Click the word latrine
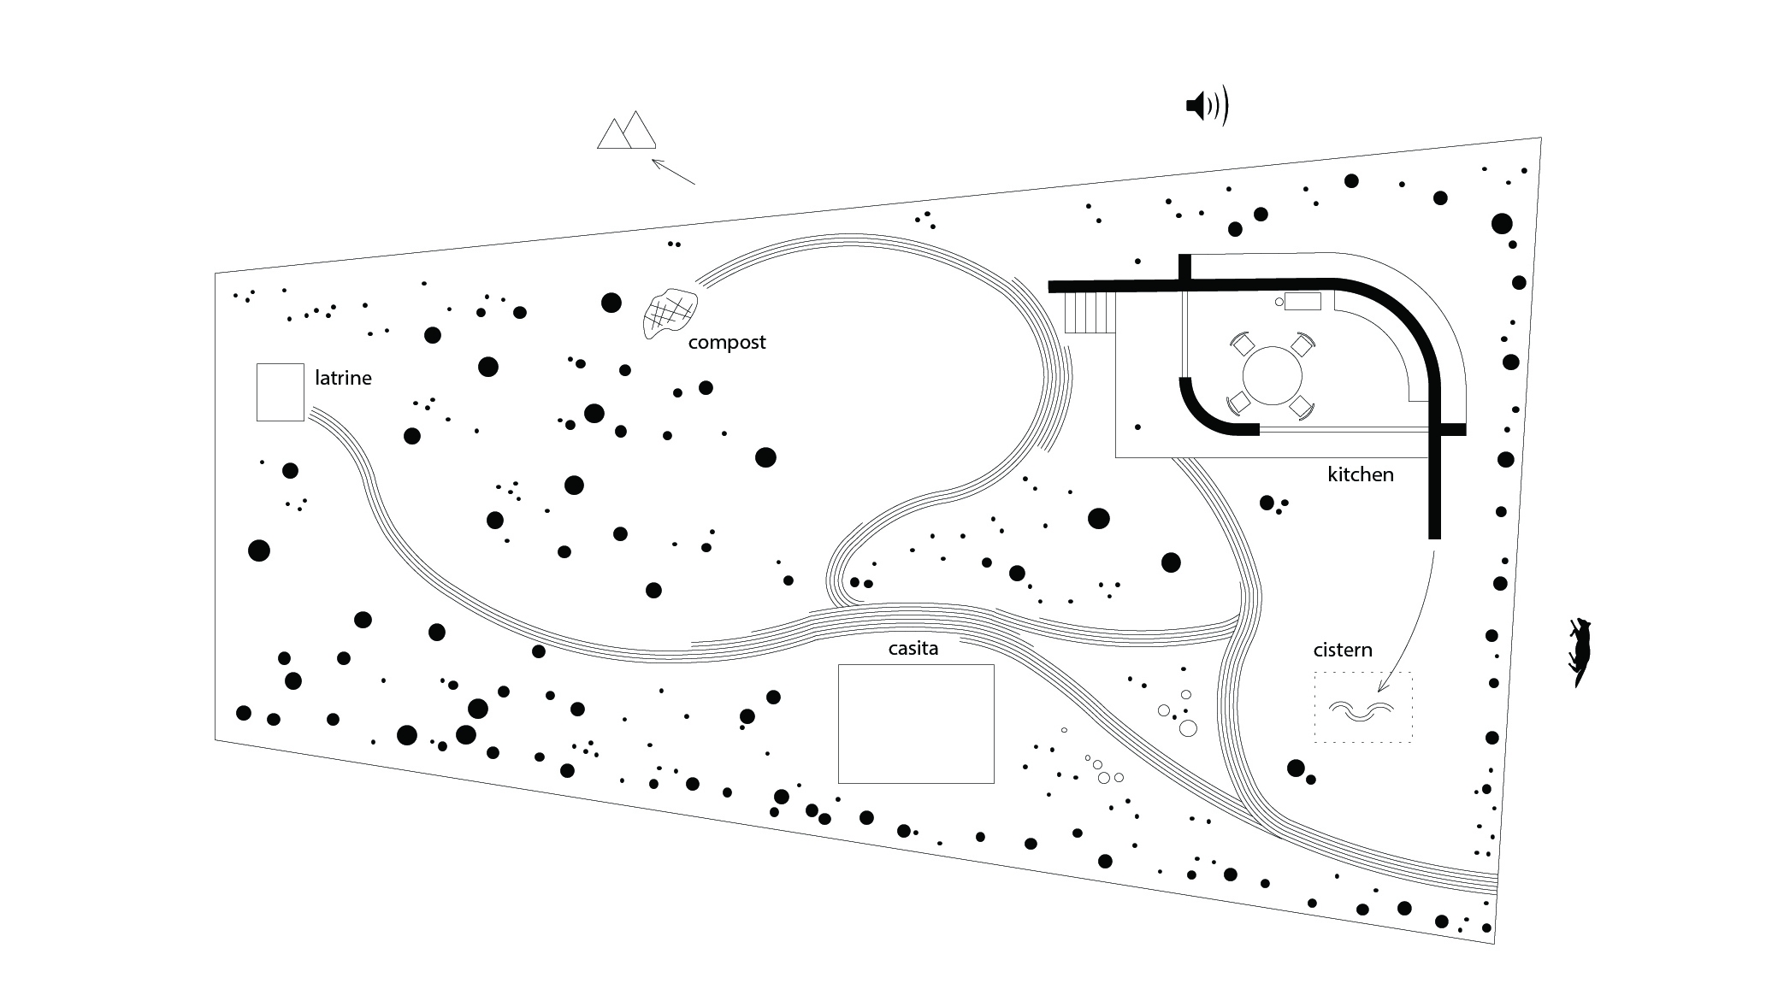343,378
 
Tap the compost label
727,343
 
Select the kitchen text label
1360,474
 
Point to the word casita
913,649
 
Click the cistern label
1343,651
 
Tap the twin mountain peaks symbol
627,132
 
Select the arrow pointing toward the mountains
673,172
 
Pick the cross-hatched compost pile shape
669,313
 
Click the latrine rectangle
281,392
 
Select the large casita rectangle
916,723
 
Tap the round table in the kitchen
1272,375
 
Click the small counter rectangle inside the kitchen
1302,302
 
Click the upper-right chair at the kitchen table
1302,345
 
